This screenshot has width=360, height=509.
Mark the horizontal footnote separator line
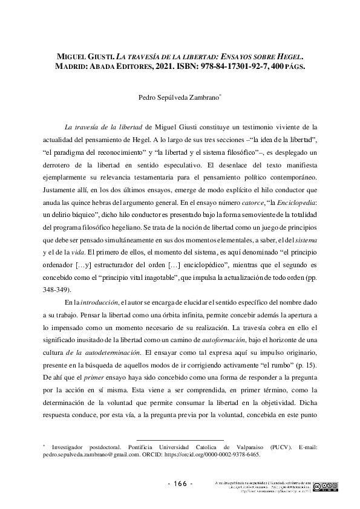tap(180, 439)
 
